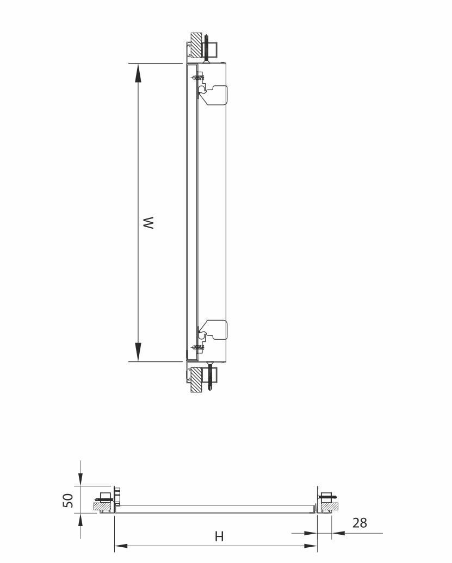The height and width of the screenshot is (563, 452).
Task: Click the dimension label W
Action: pyautogui.click(x=148, y=223)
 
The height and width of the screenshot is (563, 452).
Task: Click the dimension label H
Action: pyautogui.click(x=219, y=536)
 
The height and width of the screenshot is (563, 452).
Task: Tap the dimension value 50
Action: pyautogui.click(x=68, y=500)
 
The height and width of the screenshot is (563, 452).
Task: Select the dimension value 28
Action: pyautogui.click(x=360, y=523)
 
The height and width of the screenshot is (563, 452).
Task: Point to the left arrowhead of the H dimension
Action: pyautogui.click(x=121, y=546)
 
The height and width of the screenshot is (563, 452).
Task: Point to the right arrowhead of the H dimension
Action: pyautogui.click(x=311, y=546)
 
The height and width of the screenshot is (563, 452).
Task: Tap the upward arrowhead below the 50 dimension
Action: pyautogui.click(x=81, y=520)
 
